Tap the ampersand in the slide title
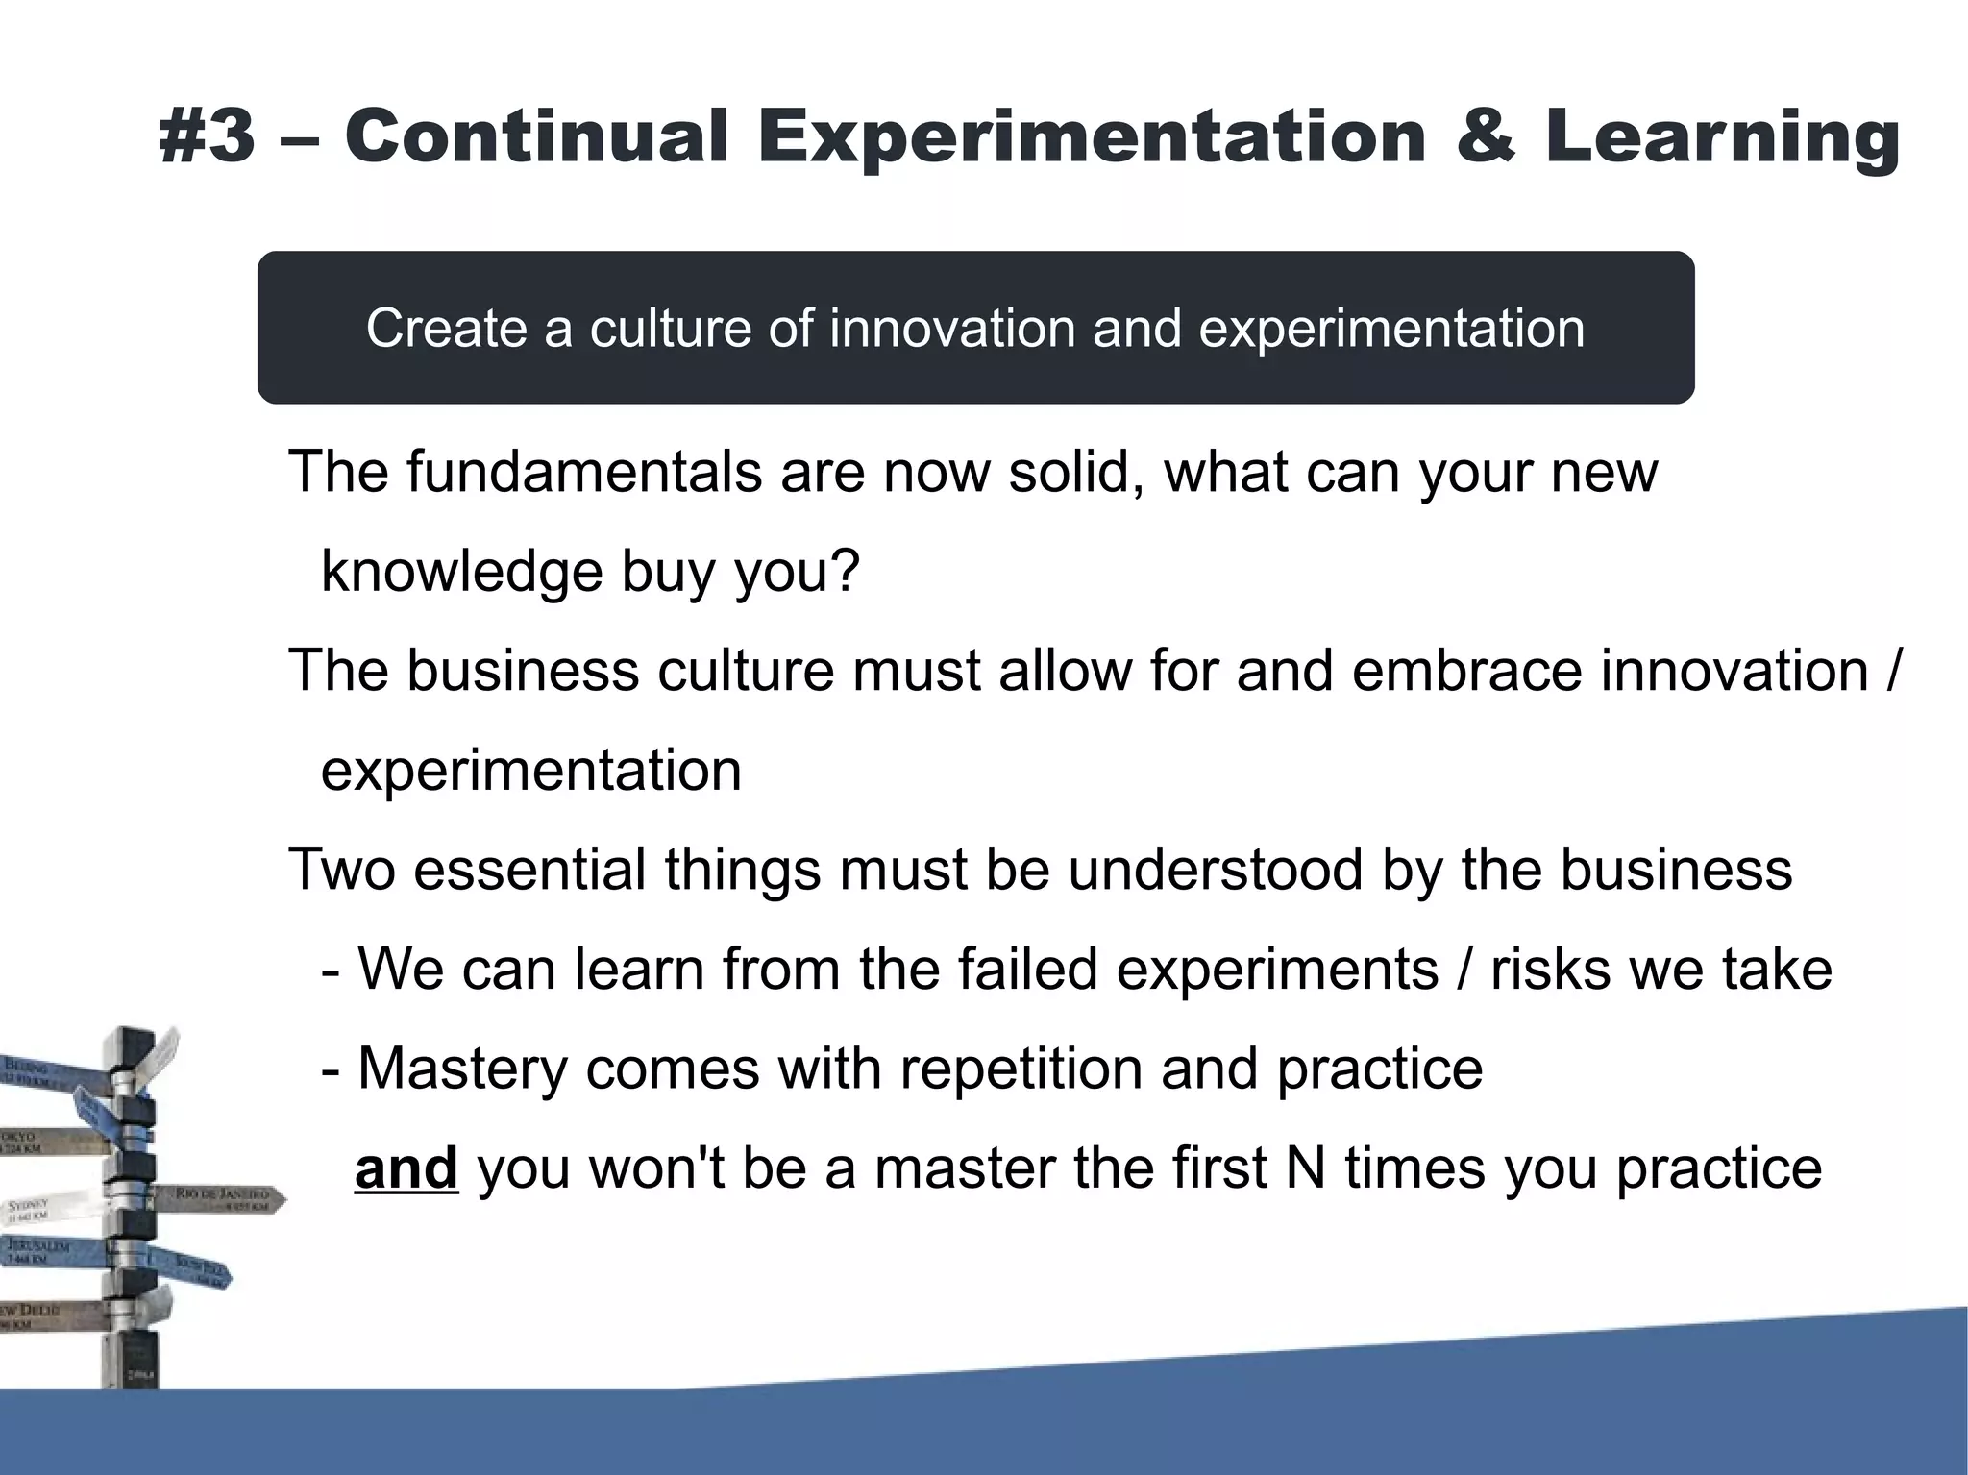[1486, 136]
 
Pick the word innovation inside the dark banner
[952, 329]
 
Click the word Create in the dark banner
[446, 329]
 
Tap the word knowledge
[461, 573]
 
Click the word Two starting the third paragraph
[342, 870]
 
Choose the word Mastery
[462, 1069]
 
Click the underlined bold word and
[406, 1168]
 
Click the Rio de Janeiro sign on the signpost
[223, 1198]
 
